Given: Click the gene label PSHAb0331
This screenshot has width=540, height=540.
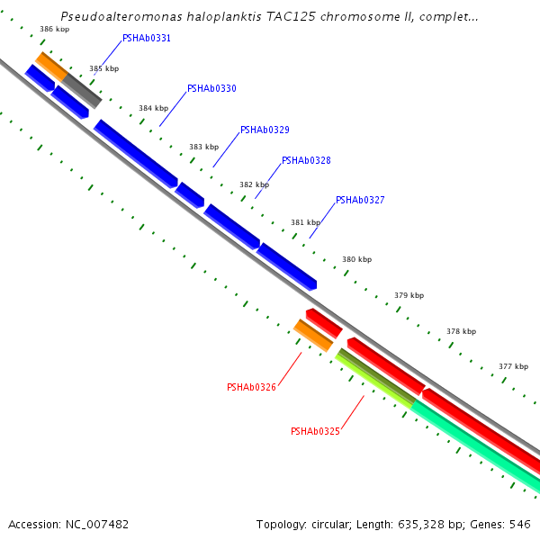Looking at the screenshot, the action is tap(147, 39).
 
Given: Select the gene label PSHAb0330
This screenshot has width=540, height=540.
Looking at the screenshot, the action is tap(211, 89).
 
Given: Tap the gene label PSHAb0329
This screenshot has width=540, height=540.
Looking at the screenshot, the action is tap(265, 130).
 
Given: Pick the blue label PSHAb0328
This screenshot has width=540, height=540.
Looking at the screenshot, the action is tap(306, 161).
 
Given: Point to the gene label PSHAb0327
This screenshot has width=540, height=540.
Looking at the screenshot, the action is tap(360, 201).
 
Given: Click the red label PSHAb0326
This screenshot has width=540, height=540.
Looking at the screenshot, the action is tap(251, 388).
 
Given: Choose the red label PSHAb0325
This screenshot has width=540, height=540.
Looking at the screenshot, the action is tap(315, 432).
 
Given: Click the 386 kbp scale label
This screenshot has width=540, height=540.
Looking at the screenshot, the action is tap(55, 30).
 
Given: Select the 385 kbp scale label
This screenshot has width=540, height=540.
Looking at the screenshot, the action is tap(103, 68).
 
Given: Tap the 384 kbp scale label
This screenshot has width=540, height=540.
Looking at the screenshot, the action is tap(153, 108).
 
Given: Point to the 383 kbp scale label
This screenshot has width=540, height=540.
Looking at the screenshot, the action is tap(203, 147).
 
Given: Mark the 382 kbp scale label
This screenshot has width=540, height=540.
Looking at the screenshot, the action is tap(254, 184).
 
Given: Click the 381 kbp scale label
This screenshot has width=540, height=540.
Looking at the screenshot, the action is tap(305, 222).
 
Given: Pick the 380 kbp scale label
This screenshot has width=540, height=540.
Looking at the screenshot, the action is tap(356, 259).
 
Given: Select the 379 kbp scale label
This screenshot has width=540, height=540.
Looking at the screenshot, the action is tap(409, 295).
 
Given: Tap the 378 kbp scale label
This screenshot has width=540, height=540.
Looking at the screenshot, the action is tap(461, 331).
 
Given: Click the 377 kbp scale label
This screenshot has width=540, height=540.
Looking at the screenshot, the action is tap(513, 366).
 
